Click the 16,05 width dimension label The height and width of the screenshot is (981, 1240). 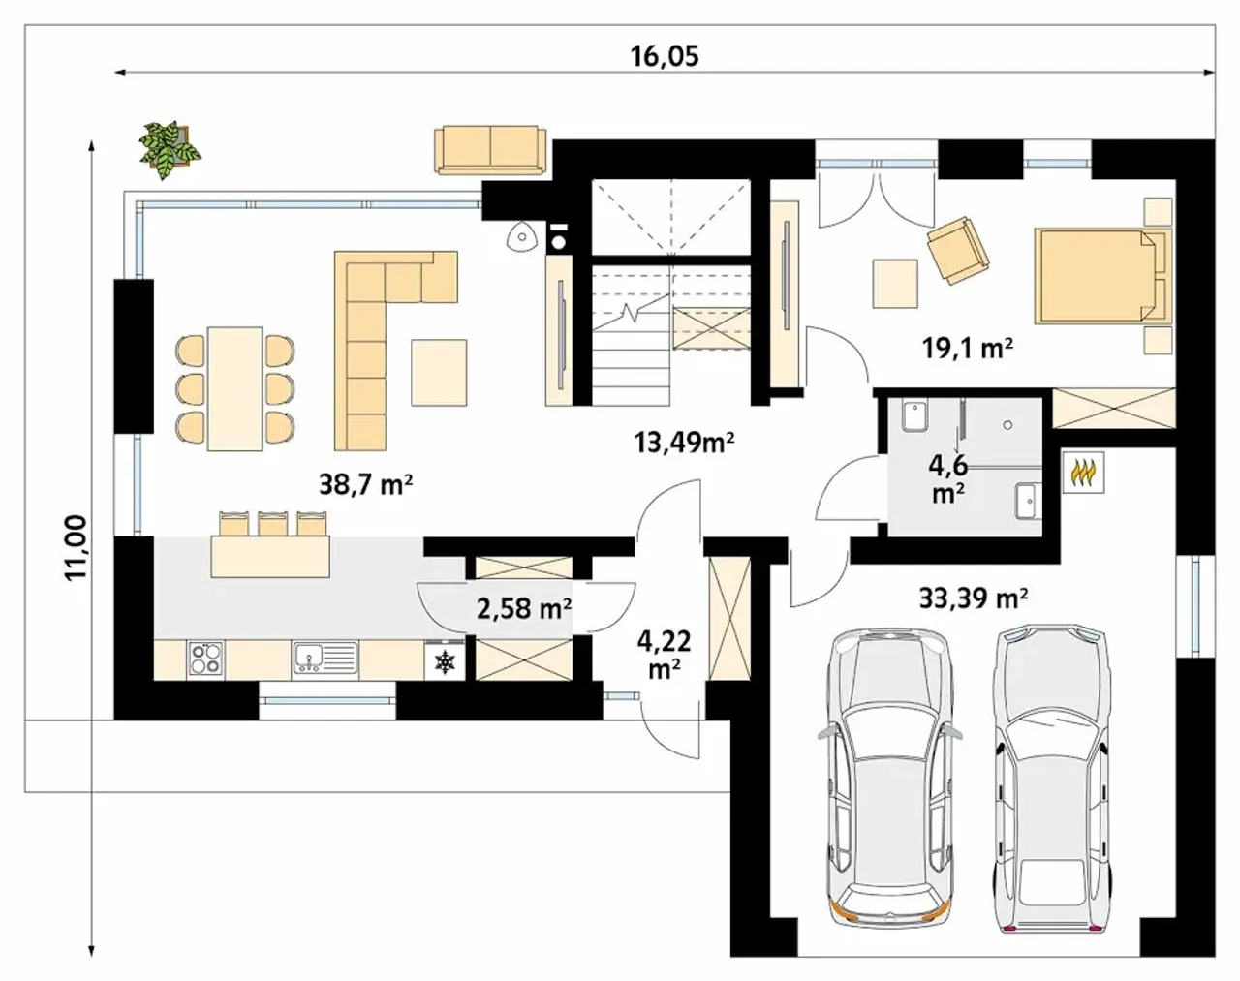pyautogui.click(x=665, y=56)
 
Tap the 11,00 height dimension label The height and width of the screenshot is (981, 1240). pyautogui.click(x=77, y=547)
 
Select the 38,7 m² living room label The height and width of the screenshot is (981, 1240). pyautogui.click(x=366, y=484)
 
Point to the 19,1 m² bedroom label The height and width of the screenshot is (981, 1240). pyautogui.click(x=968, y=349)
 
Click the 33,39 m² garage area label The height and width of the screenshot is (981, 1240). pyautogui.click(x=974, y=598)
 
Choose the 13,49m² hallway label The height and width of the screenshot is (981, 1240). pyautogui.click(x=684, y=443)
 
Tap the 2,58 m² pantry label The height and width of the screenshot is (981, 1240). pyautogui.click(x=524, y=609)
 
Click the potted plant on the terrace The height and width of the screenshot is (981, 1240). pyautogui.click(x=170, y=148)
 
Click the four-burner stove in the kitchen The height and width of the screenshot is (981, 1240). pyautogui.click(x=206, y=659)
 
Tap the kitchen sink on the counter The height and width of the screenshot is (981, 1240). pyautogui.click(x=325, y=659)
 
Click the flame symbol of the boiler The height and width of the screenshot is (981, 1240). pyautogui.click(x=1083, y=473)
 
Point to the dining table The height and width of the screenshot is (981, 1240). pyautogui.click(x=234, y=389)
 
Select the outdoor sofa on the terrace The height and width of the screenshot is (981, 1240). pyautogui.click(x=490, y=150)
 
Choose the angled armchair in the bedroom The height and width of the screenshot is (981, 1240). pyautogui.click(x=958, y=250)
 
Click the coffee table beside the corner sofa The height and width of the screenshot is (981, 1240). pyautogui.click(x=439, y=373)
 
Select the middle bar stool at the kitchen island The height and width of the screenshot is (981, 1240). pyautogui.click(x=273, y=523)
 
